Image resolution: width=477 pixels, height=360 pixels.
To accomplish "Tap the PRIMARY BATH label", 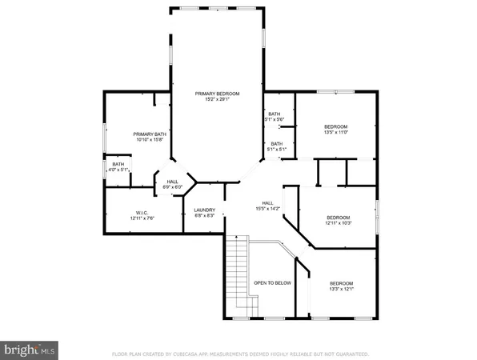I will point(149,134).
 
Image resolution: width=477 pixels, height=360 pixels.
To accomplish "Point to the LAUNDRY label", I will point(204,210).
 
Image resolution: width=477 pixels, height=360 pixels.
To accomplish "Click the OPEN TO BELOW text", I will point(271,283).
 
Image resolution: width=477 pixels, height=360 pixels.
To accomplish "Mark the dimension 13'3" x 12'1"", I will point(342,290).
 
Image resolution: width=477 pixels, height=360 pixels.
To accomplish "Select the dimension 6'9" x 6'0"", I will point(174,187).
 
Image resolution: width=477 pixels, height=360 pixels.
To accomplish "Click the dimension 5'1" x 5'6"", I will point(275,120).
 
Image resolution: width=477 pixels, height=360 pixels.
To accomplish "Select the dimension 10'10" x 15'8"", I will point(149,140).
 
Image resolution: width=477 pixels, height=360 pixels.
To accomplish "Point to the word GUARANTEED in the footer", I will point(351,353).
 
